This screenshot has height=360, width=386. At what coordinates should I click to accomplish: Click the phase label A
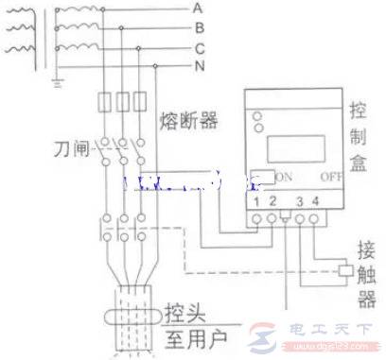(198, 8)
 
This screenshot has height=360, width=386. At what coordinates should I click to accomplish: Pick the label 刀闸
(70, 149)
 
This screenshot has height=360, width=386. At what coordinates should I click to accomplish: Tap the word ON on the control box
(285, 177)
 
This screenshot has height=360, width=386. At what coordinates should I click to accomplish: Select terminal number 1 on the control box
(257, 201)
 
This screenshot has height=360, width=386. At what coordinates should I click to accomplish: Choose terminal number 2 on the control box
(272, 201)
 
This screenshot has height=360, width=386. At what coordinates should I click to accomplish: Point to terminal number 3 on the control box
(300, 201)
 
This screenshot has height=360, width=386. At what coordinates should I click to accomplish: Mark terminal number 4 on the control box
(315, 201)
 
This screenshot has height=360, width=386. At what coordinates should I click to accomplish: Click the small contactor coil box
(345, 271)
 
